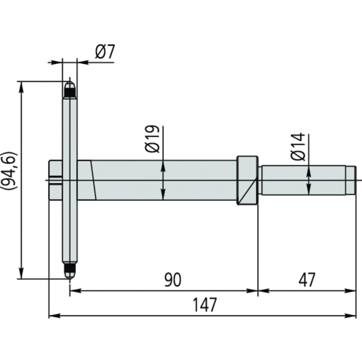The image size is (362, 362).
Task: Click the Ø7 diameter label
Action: (105, 53)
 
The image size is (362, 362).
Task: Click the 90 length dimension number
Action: (172, 280)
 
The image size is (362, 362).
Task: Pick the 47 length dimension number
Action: (307, 280)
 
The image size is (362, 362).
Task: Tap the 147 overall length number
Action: (205, 306)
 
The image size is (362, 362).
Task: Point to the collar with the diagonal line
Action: (247, 180)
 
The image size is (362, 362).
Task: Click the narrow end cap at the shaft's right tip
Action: (350, 180)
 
